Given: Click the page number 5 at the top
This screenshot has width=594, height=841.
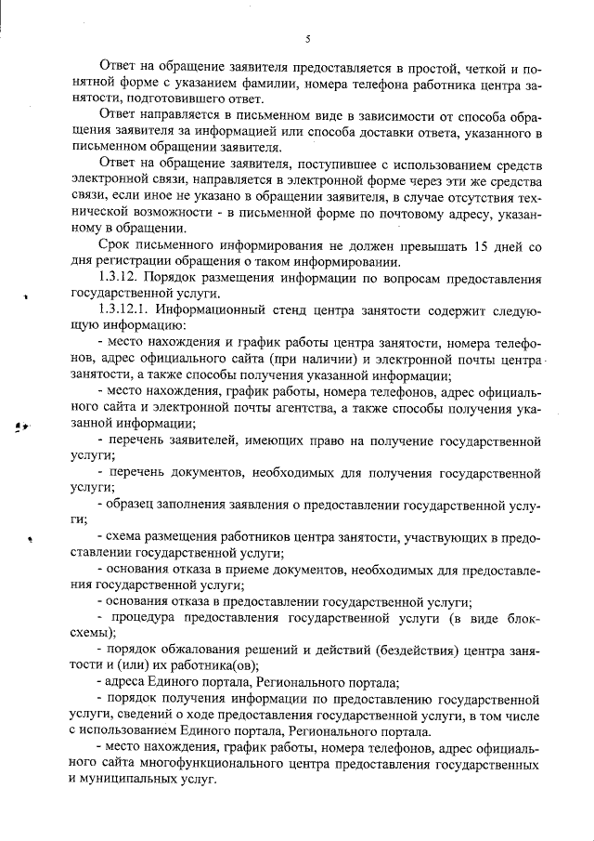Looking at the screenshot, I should click(306, 38).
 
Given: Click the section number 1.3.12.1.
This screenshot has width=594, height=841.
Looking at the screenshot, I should click(126, 307).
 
